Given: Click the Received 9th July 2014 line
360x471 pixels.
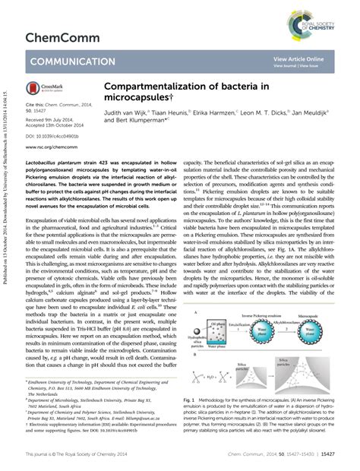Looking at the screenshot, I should [50, 119].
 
